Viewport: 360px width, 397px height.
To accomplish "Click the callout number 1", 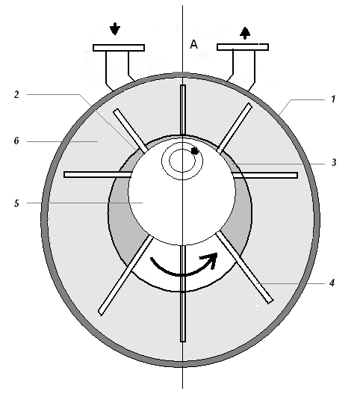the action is pyautogui.click(x=333, y=99).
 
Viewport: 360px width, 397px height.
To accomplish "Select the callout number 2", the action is pyautogui.click(x=16, y=94).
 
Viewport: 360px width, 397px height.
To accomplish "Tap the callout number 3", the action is pyautogui.click(x=334, y=162).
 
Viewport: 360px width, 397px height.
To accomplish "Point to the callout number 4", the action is pyautogui.click(x=332, y=283).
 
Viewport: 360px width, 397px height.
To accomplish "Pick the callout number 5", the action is pyautogui.click(x=16, y=203).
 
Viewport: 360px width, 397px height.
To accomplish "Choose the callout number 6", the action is pyautogui.click(x=16, y=141).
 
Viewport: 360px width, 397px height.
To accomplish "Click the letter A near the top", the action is pyautogui.click(x=193, y=44).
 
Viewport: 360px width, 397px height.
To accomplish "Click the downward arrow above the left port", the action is pyautogui.click(x=115, y=28).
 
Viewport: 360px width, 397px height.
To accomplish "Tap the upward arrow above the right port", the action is pyautogui.click(x=245, y=33).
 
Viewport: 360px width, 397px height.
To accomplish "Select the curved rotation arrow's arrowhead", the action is pyautogui.click(x=211, y=259).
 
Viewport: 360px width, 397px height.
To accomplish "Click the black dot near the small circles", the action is pyautogui.click(x=195, y=151).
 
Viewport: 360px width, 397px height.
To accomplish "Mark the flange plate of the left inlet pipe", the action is pyautogui.click(x=119, y=48).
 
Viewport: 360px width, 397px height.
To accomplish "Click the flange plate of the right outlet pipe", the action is pyautogui.click(x=243, y=47).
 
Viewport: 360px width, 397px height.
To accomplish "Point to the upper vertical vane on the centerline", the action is pyautogui.click(x=183, y=110).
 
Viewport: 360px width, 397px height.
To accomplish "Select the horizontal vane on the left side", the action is pyautogui.click(x=98, y=174).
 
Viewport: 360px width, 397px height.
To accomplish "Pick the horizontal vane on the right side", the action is pyautogui.click(x=264, y=175).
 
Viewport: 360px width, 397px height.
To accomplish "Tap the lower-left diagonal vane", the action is pyautogui.click(x=125, y=276).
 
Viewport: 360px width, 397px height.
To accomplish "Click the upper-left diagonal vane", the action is pyautogui.click(x=130, y=131).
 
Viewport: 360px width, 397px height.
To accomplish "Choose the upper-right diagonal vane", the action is pyautogui.click(x=235, y=128).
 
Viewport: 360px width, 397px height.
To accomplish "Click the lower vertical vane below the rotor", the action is pyautogui.click(x=183, y=293).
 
